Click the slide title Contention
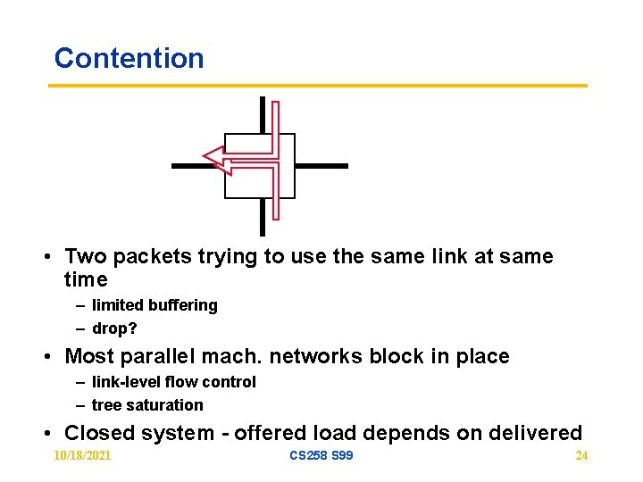point(129,58)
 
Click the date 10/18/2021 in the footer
point(83,455)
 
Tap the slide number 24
point(581,455)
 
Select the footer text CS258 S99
point(321,455)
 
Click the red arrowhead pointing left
point(213,158)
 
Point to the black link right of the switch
point(321,166)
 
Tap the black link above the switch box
point(263,114)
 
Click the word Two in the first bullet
point(86,257)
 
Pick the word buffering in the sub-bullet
point(183,305)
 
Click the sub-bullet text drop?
point(114,328)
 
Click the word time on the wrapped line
point(86,280)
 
